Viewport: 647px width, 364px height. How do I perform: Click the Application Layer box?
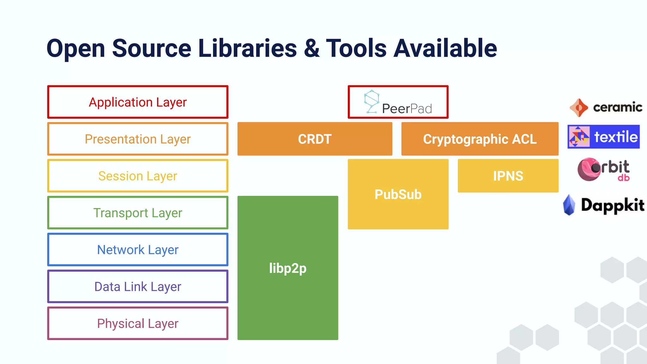[138, 102]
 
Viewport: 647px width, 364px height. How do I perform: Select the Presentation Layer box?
[138, 139]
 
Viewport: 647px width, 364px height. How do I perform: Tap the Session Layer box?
[138, 176]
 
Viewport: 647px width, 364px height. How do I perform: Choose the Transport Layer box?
[138, 213]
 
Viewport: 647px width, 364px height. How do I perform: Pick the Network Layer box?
[138, 250]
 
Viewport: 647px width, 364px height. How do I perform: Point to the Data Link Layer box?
[138, 287]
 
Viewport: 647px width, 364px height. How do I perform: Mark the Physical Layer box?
[138, 323]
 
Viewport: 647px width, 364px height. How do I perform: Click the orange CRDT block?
[315, 139]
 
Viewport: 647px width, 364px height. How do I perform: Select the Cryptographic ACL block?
[480, 139]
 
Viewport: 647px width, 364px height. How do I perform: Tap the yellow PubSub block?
[398, 194]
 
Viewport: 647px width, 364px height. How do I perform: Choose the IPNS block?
[508, 176]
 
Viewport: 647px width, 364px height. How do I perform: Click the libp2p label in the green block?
[288, 268]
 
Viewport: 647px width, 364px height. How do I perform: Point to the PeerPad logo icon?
[372, 101]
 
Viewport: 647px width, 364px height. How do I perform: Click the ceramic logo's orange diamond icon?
[579, 108]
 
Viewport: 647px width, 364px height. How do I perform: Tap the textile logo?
[603, 137]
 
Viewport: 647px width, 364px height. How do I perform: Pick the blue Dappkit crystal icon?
[569, 205]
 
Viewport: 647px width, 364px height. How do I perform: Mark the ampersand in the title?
[311, 48]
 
